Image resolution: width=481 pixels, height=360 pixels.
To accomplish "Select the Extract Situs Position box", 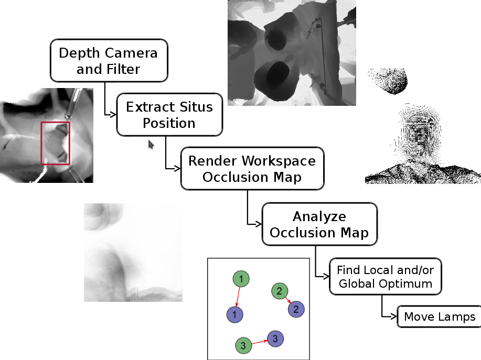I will [169, 115].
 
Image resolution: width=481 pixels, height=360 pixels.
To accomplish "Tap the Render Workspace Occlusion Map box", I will [252, 168].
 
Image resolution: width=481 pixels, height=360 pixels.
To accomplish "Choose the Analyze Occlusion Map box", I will [319, 224].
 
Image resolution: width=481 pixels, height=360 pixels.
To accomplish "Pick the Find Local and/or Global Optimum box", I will [385, 276].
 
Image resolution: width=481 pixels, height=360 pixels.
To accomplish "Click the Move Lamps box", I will [439, 317].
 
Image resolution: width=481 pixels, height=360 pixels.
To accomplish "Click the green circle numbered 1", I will [240, 279].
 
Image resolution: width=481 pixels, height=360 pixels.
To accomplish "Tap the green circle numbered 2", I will [279, 290].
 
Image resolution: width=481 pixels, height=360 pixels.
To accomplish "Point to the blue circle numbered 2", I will [296, 309].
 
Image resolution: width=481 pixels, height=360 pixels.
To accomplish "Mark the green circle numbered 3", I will [243, 345].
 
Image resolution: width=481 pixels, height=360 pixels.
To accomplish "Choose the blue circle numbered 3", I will [275, 338].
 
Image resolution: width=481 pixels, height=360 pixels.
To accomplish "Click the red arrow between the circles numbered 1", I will [238, 297].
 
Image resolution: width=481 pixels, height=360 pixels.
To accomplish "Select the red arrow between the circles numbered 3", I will [259, 342].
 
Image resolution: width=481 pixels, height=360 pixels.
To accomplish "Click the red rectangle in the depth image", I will [55, 143].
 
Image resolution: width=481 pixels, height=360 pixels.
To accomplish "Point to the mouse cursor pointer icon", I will [151, 144].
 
